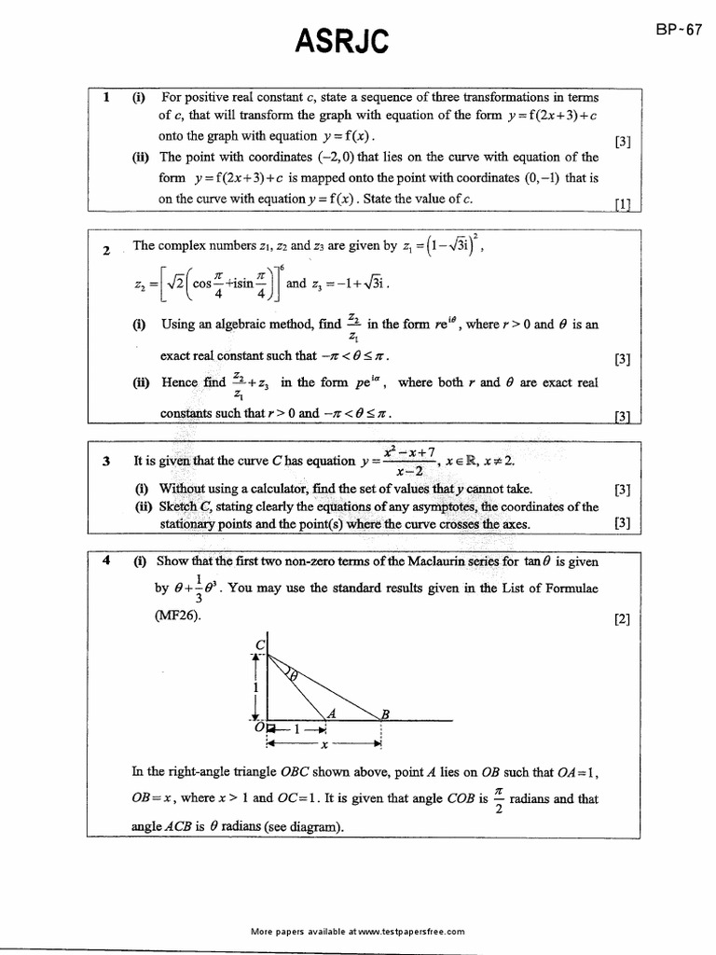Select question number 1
[107, 97]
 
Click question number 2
[107, 251]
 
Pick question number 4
[107, 561]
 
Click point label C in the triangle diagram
[259, 644]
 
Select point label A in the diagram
[331, 713]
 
